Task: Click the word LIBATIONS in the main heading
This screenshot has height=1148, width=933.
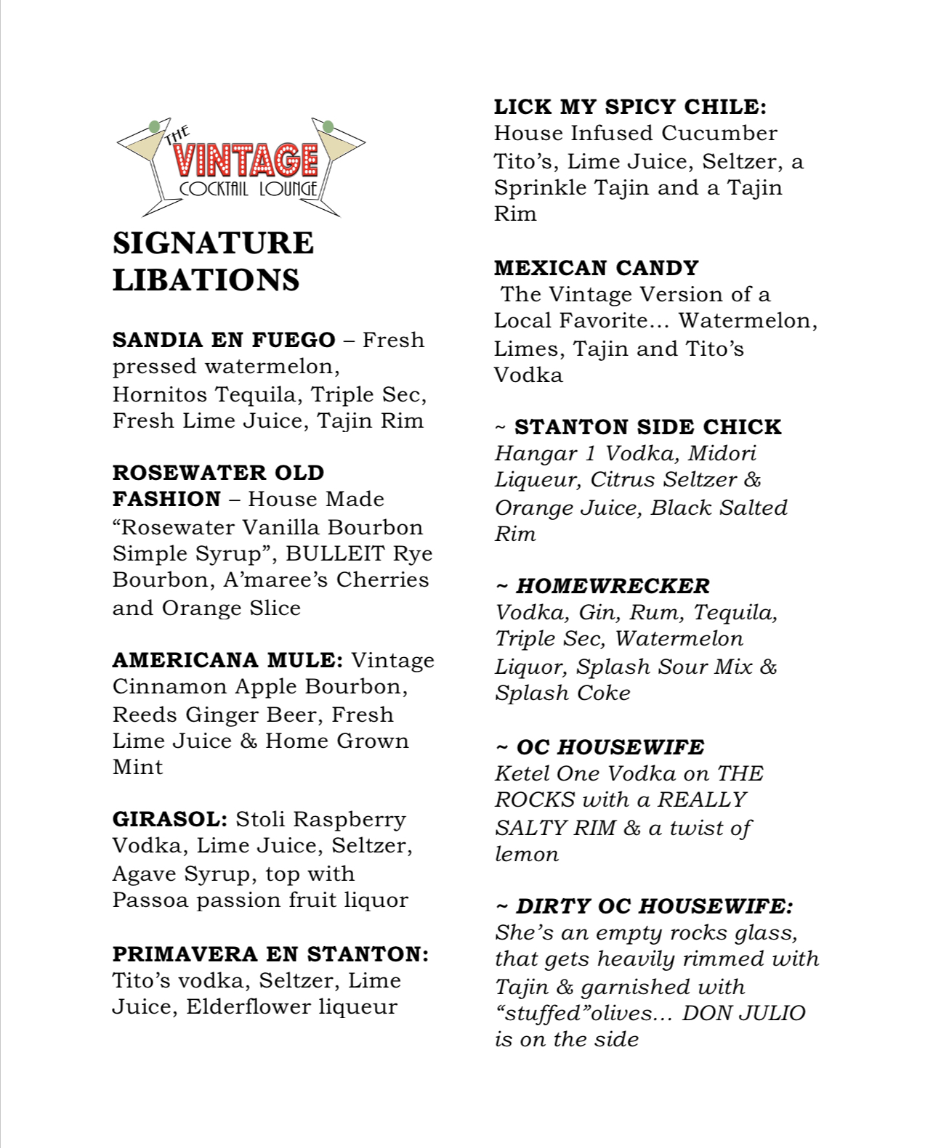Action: (x=206, y=280)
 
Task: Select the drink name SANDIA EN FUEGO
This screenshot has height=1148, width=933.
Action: (x=224, y=340)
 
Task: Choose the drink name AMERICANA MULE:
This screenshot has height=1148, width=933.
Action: (x=227, y=660)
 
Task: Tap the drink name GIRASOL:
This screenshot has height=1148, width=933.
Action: (x=170, y=819)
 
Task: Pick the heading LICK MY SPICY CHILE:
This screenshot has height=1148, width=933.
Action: (x=630, y=107)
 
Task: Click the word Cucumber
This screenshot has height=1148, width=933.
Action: (x=719, y=134)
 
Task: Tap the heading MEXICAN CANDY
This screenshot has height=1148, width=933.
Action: (x=596, y=268)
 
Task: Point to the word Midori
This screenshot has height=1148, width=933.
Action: (x=722, y=454)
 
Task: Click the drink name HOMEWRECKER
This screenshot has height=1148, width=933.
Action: (x=613, y=586)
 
